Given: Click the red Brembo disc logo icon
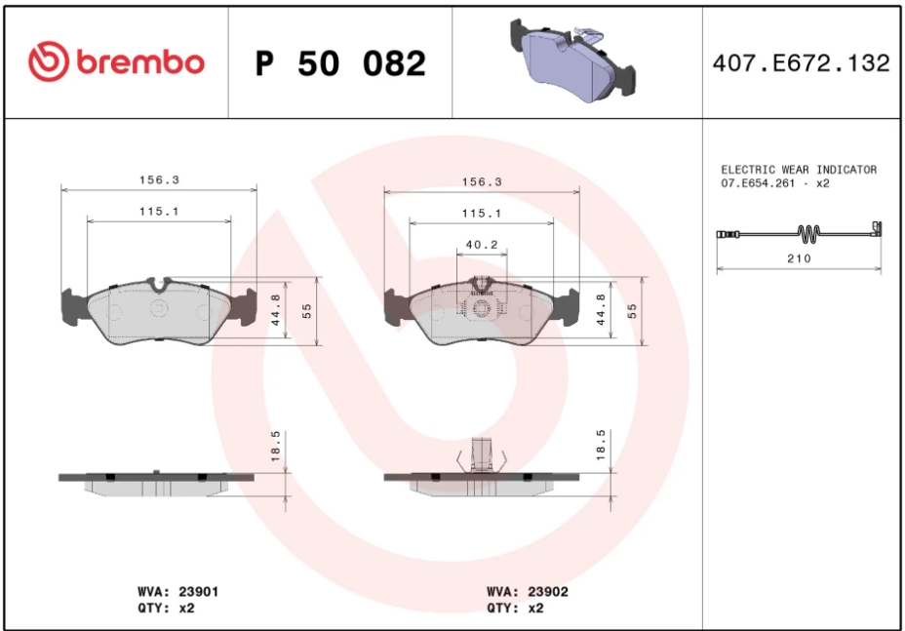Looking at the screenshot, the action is (49, 61).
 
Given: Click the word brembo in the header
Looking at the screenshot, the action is (140, 61).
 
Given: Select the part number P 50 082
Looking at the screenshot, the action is (340, 63).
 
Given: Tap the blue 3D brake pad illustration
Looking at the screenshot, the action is (572, 59).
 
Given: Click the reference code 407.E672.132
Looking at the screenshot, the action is (801, 63).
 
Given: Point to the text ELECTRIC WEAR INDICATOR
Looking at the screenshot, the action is (799, 170).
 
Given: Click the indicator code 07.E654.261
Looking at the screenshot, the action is (757, 183).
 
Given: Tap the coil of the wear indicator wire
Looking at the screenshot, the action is (808, 233).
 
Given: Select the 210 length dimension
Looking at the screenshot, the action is (799, 258).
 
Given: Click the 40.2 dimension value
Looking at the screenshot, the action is (482, 245).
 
